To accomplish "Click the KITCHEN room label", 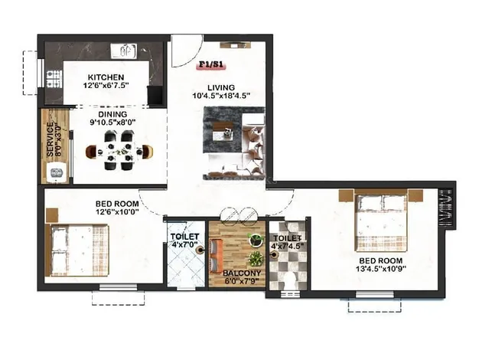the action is point(106,77).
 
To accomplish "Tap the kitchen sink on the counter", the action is point(123,51).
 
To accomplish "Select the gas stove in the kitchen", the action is point(54,79).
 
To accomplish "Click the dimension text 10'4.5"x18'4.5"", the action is point(221,96).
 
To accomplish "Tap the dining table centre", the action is point(119,151).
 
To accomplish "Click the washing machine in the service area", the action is point(57,173).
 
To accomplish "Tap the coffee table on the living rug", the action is point(223,131).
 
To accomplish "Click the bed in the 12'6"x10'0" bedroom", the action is point(77,250).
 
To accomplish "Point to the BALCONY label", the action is point(242,273).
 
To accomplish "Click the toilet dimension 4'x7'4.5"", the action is point(288,246).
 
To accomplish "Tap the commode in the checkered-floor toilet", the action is point(289,280).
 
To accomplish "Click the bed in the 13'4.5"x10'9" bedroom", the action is point(381,221).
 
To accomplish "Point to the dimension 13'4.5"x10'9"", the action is point(380,269).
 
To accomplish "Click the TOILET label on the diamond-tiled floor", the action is point(185,237).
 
